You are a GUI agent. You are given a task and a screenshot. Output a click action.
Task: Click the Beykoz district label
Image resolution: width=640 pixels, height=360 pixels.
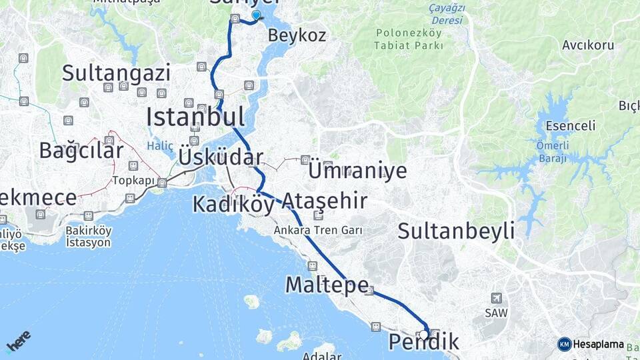click(297, 35)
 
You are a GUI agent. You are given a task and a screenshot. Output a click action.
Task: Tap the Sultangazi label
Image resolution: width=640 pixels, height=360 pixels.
click(116, 73)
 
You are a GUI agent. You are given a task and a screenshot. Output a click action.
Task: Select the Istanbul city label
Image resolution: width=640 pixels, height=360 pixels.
click(195, 117)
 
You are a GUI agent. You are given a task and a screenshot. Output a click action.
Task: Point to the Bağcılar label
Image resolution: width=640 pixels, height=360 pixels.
click(81, 150)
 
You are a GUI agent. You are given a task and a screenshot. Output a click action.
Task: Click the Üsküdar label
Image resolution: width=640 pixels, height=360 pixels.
click(220, 158)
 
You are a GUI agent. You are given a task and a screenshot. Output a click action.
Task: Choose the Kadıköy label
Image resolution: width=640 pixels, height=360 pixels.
click(233, 204)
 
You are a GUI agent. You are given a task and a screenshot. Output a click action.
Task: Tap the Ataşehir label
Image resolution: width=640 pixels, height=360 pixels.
click(324, 200)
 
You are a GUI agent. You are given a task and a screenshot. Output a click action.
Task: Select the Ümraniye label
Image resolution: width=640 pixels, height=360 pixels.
click(357, 170)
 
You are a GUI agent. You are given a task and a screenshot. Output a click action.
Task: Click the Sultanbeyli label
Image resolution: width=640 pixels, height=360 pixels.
click(456, 231)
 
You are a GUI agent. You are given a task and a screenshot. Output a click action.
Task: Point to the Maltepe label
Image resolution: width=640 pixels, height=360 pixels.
click(327, 285)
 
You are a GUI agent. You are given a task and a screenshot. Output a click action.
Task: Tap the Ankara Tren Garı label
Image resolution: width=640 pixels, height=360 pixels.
click(318, 230)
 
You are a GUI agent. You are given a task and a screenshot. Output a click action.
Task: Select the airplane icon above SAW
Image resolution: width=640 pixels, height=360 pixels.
click(495, 298)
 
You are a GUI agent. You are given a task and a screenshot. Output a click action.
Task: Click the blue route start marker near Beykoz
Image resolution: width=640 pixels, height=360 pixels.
click(256, 15)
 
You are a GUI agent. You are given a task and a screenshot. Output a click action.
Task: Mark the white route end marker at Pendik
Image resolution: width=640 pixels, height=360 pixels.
click(424, 335)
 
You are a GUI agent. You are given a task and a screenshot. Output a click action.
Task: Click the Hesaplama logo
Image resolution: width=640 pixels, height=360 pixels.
click(591, 344)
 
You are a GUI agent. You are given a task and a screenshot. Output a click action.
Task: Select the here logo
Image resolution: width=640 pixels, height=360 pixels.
click(18, 341)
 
